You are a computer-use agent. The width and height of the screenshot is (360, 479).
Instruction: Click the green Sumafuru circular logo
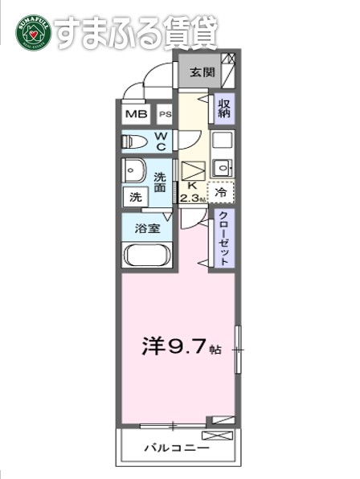[x=33, y=33]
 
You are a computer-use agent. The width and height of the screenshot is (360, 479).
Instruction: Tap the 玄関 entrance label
[x=201, y=72]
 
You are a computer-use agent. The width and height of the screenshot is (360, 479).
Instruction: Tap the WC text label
[x=162, y=142]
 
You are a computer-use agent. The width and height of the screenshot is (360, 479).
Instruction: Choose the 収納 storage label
[x=224, y=108]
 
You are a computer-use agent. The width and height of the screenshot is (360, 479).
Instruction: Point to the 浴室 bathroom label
[x=146, y=227]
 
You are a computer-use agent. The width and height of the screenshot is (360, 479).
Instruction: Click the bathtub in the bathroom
[x=145, y=256]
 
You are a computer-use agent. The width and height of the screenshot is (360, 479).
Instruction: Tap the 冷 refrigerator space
[x=221, y=193]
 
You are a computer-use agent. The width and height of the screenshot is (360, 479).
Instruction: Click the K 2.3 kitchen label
[x=192, y=194]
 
